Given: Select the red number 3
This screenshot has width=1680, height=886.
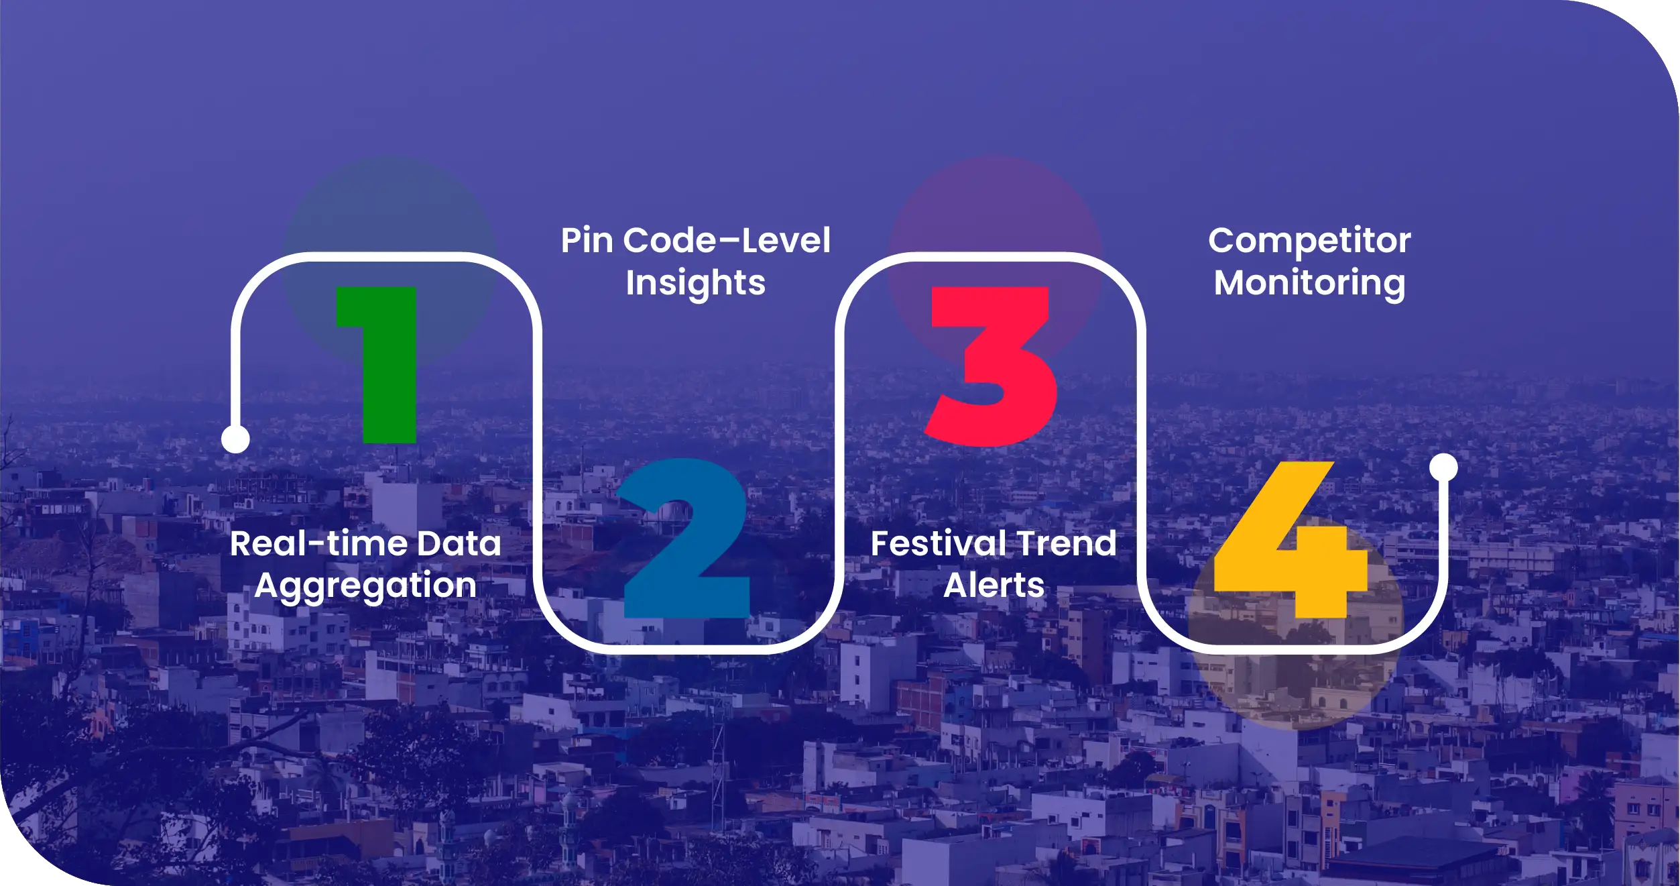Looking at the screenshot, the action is (x=991, y=366).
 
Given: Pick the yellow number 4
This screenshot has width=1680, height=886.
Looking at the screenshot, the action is (x=1291, y=539).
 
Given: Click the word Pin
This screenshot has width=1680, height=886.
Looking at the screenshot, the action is (x=587, y=240).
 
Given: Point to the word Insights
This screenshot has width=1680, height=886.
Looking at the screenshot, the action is (x=695, y=283).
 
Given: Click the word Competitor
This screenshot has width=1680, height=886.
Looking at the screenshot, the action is (x=1309, y=240).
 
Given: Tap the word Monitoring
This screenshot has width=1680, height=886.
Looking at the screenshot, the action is (x=1309, y=283).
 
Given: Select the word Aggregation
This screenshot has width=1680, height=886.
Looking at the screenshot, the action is (x=365, y=586).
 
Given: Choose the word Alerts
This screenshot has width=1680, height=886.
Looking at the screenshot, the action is (x=994, y=586).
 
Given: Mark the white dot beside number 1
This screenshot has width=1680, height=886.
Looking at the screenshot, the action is (x=235, y=439).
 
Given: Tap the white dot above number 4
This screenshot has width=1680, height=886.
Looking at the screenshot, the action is (x=1443, y=467).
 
